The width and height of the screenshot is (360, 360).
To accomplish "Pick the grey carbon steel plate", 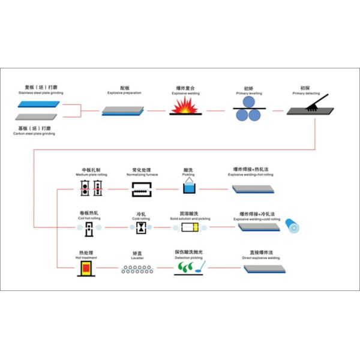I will pyautogui.click(x=37, y=119).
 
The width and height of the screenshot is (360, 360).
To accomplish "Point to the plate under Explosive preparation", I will pyautogui.click(x=123, y=110).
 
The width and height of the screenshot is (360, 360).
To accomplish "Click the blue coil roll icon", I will pyautogui.click(x=292, y=227).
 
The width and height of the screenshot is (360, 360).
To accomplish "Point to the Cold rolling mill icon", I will pyautogui.click(x=140, y=228).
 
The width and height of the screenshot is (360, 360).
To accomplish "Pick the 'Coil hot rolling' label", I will pyautogui.click(x=88, y=219).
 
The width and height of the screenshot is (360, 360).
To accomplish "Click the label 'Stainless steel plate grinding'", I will pyautogui.click(x=40, y=94).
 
